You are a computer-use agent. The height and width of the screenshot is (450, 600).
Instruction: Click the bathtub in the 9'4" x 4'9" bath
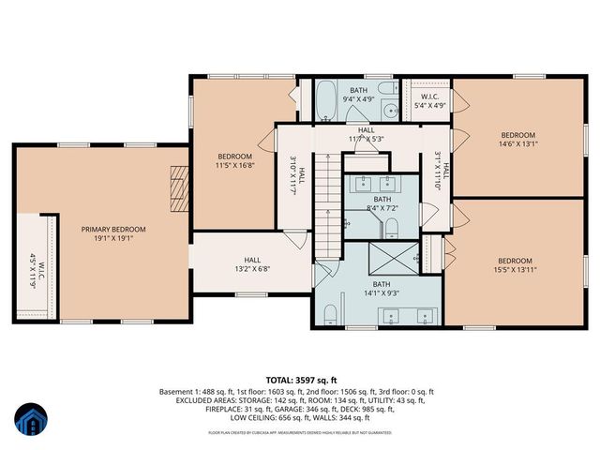(325, 100)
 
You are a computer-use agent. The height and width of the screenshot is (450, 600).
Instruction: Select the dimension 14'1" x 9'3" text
(381, 293)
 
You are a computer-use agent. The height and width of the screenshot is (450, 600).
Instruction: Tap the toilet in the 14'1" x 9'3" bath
(331, 312)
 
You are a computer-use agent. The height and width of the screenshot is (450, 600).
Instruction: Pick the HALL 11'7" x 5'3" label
(365, 135)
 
